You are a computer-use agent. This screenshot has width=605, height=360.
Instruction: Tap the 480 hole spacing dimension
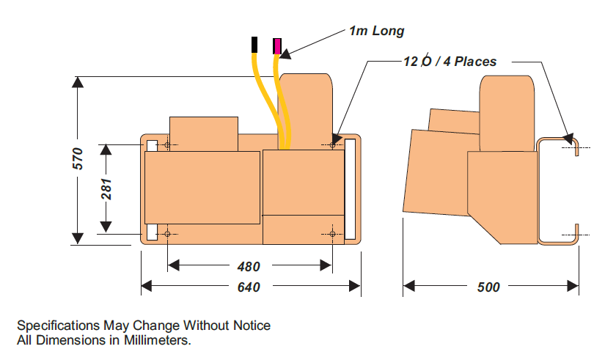pyautogui.click(x=249, y=267)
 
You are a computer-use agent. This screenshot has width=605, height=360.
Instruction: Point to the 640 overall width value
pyautogui.click(x=249, y=287)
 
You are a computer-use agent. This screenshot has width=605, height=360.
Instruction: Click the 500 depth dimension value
pyautogui.click(x=488, y=287)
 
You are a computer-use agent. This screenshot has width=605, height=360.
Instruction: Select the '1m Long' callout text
pyautogui.click(x=376, y=31)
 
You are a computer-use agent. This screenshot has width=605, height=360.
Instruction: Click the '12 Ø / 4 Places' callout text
pyautogui.click(x=450, y=62)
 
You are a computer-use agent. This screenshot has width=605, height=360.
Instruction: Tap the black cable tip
pyautogui.click(x=254, y=45)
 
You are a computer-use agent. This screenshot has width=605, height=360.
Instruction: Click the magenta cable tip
pyautogui.click(x=277, y=46)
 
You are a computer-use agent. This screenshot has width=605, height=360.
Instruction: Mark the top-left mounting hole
pyautogui.click(x=168, y=145)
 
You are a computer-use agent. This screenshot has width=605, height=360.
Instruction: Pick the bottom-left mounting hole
pyautogui.click(x=168, y=234)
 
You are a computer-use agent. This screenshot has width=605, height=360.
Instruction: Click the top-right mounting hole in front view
pyautogui.click(x=333, y=145)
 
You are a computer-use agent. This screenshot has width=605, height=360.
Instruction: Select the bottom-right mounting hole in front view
pyautogui.click(x=333, y=234)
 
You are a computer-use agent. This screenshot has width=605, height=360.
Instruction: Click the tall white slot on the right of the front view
pyautogui.click(x=350, y=189)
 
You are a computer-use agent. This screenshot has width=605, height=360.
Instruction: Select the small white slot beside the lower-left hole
pyautogui.click(x=152, y=232)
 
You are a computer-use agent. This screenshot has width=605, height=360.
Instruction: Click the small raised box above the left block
pyautogui.click(x=203, y=133)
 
